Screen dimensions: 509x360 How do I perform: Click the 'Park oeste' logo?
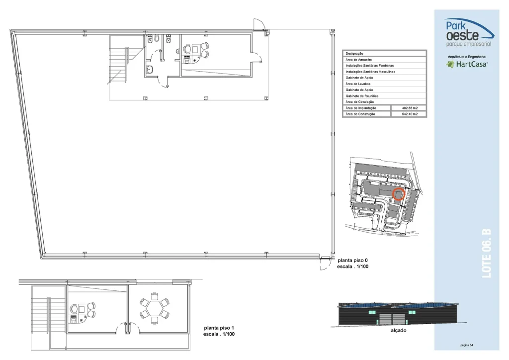coord(469,32)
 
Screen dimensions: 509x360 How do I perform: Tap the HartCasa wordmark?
coord(471,64)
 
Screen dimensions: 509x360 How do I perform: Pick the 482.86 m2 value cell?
coord(410,108)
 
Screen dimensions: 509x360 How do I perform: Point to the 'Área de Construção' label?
coord(360,114)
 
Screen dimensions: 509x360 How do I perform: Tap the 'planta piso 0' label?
coord(352,261)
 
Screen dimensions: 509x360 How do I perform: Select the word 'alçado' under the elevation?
coord(398,331)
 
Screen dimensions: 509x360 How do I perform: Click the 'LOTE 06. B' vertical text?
coord(487,254)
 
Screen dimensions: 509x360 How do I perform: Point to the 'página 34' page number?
coord(466,345)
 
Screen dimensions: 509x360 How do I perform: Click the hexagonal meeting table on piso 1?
coord(154,308)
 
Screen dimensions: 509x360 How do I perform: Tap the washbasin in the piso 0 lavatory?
coord(150,70)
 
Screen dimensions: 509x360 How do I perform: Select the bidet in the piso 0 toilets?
coord(157,39)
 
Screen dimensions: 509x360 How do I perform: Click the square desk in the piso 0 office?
coord(195,49)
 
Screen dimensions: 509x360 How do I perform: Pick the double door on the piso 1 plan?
coord(127,328)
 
